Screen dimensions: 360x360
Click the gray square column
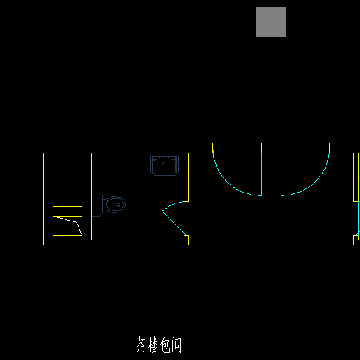click(271, 22)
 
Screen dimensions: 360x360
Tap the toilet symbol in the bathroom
click(109, 205)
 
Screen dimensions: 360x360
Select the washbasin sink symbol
click(165, 165)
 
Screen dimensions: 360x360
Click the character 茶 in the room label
click(141, 345)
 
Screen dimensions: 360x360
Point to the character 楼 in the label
click(153, 345)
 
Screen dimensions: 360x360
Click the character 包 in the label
click(165, 345)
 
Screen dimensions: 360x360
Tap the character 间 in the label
click(176, 345)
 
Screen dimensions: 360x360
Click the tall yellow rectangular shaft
click(67, 179)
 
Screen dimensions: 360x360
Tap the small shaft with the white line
click(67, 226)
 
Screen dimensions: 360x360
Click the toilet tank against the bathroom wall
click(97, 205)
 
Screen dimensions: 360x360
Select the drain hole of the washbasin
click(164, 164)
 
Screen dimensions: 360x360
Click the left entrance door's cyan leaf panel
click(260, 172)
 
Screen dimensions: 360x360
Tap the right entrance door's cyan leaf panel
click(282, 172)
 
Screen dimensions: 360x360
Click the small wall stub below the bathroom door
click(186, 240)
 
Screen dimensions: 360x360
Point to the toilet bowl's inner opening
click(114, 205)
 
